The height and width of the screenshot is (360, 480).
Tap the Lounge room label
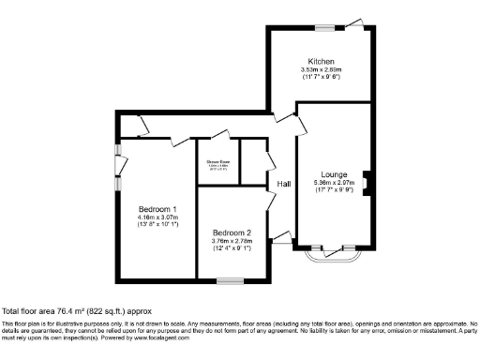(x=334, y=174)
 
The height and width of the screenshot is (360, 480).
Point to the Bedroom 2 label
(x=232, y=232)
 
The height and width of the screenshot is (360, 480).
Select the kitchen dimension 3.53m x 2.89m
(x=322, y=69)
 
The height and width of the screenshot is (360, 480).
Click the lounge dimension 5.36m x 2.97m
(x=334, y=184)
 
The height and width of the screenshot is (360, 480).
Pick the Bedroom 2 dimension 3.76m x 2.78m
(x=232, y=242)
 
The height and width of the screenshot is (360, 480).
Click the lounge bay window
(x=327, y=255)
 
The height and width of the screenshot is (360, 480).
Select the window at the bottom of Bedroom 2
(x=230, y=279)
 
